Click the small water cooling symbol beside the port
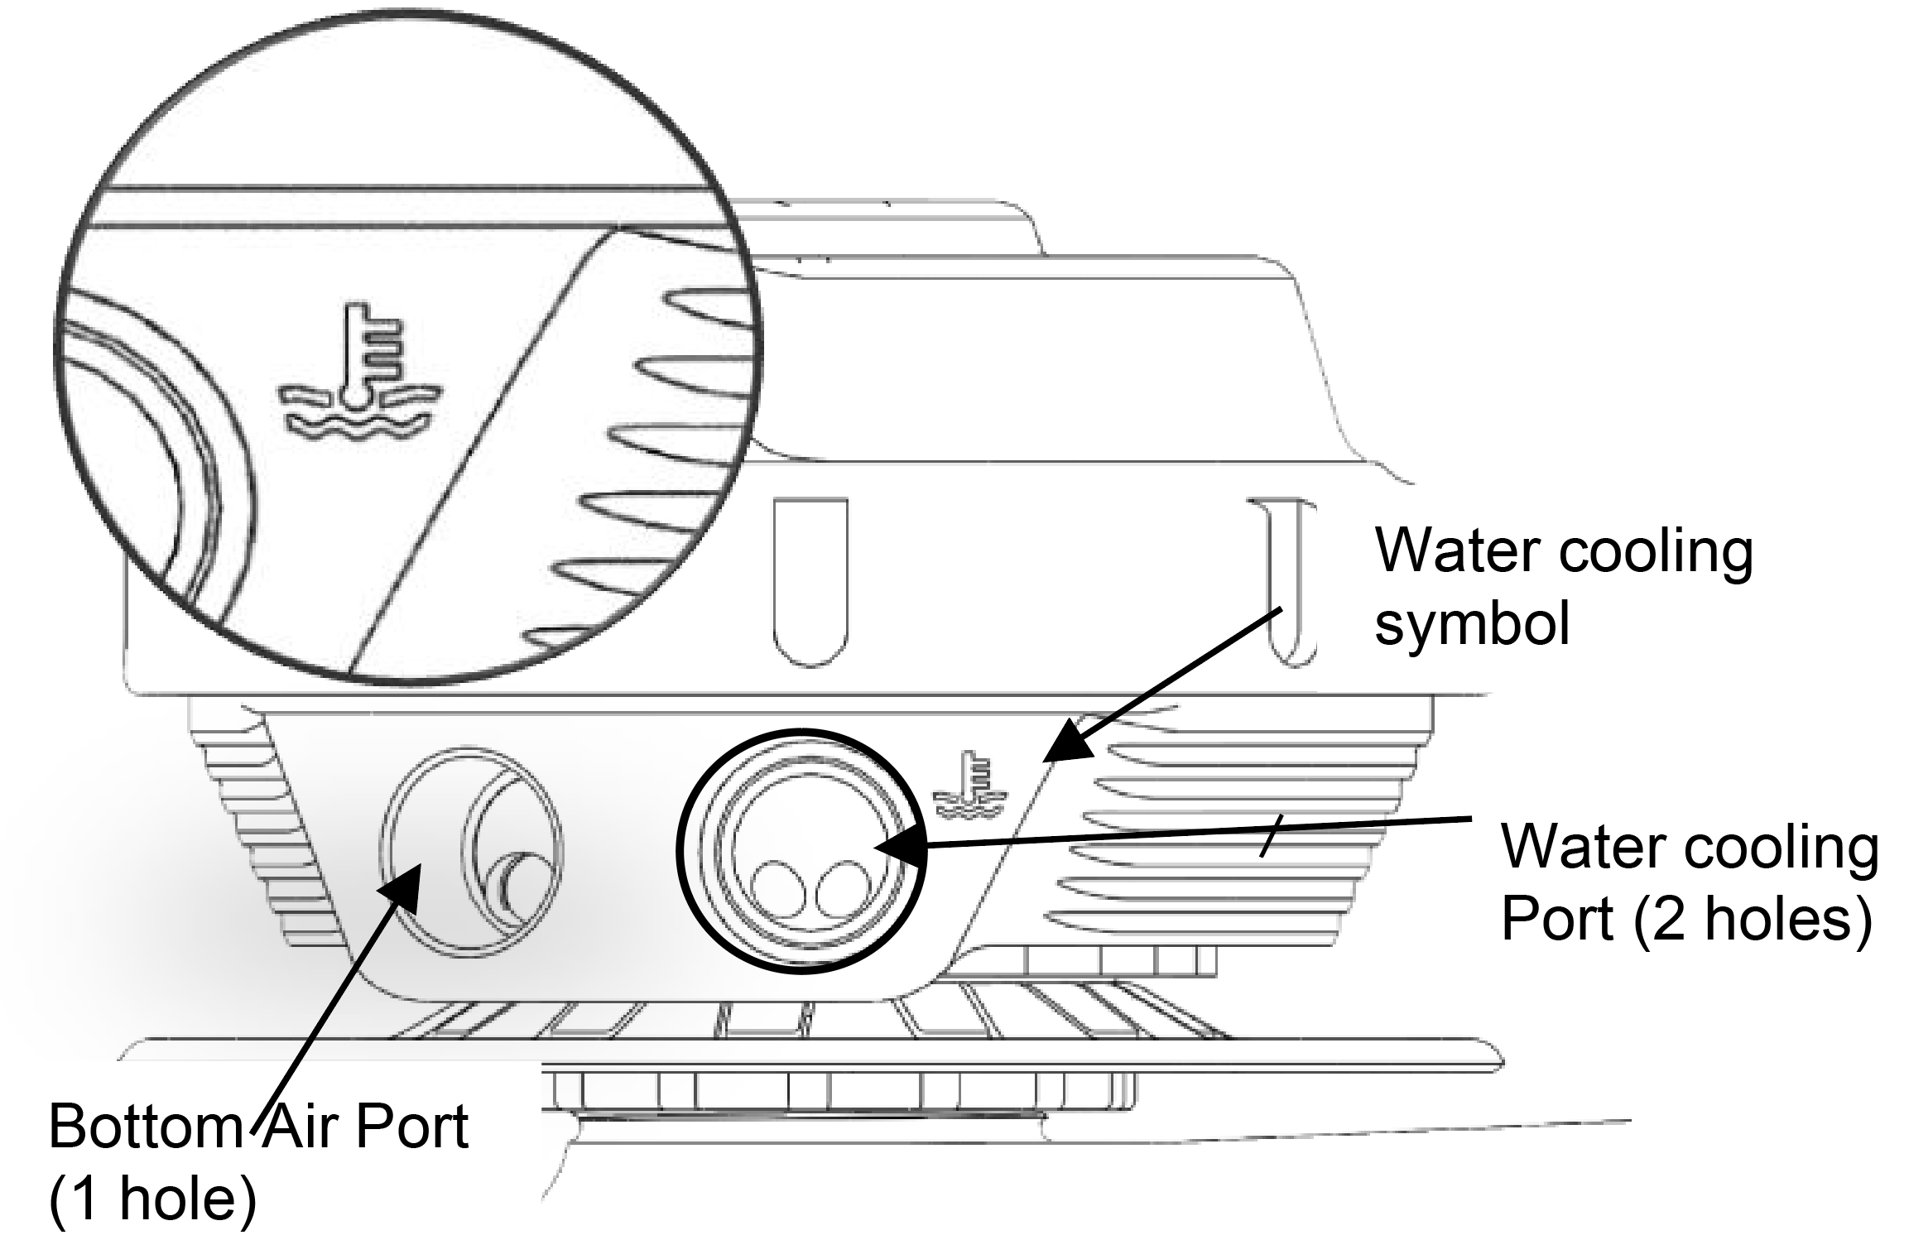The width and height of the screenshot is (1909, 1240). pyautogui.click(x=969, y=788)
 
